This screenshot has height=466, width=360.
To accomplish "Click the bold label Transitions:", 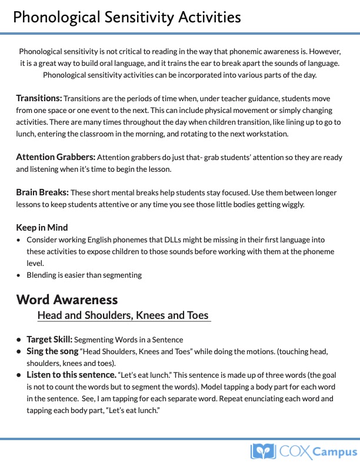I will (39, 98).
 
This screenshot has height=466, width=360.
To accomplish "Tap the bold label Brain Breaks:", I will (42, 192).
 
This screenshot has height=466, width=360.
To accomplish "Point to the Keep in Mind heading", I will (42, 228).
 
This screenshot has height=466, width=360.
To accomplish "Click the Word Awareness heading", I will (67, 299).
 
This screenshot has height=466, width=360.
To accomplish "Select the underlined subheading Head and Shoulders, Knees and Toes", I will (123, 315).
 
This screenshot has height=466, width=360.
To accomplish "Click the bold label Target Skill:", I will (49, 339).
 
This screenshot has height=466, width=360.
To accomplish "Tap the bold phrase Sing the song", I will (52, 351).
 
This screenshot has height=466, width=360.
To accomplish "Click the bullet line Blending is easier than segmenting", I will (84, 275).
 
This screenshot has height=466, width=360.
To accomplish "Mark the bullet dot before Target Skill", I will (19, 339).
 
